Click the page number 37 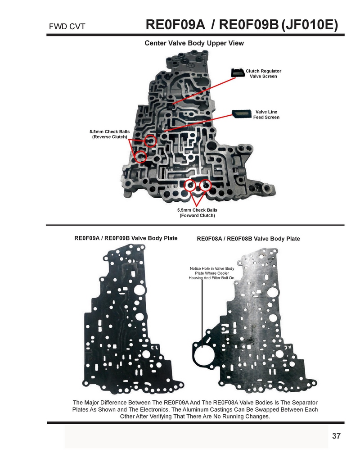point(336,436)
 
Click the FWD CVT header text point(67,27)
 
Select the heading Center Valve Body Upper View point(194,43)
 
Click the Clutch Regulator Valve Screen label point(263,73)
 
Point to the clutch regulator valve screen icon point(237,73)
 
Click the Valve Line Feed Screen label point(266,114)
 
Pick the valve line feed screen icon point(242,114)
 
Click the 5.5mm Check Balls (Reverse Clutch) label point(109,134)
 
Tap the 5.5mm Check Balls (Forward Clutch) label point(197,213)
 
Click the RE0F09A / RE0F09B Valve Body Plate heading point(126,238)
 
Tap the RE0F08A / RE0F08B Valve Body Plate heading point(248,239)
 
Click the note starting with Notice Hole point(211,273)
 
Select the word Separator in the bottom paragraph point(301,403)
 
